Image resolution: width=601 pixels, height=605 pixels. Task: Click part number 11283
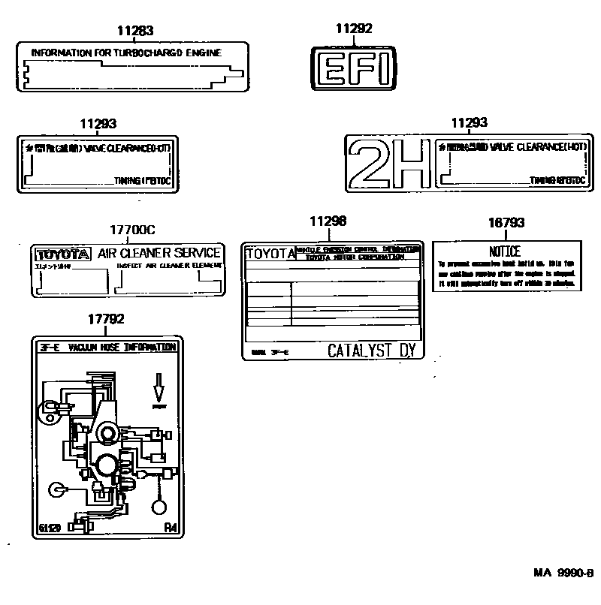point(135,31)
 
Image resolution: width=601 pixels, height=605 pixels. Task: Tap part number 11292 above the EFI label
point(353,29)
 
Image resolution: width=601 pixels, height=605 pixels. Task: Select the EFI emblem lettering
point(353,71)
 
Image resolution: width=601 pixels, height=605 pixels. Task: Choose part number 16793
point(506,223)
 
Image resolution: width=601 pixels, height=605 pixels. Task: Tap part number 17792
point(106,319)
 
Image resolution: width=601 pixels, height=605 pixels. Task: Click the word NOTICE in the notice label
point(505,252)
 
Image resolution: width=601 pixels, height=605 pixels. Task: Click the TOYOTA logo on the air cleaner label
point(63,254)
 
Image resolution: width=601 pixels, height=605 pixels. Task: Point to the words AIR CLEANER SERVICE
point(159,253)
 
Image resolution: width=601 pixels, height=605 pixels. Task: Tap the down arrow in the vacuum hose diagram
point(159,387)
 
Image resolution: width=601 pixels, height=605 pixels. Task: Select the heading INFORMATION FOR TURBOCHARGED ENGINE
point(128,53)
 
